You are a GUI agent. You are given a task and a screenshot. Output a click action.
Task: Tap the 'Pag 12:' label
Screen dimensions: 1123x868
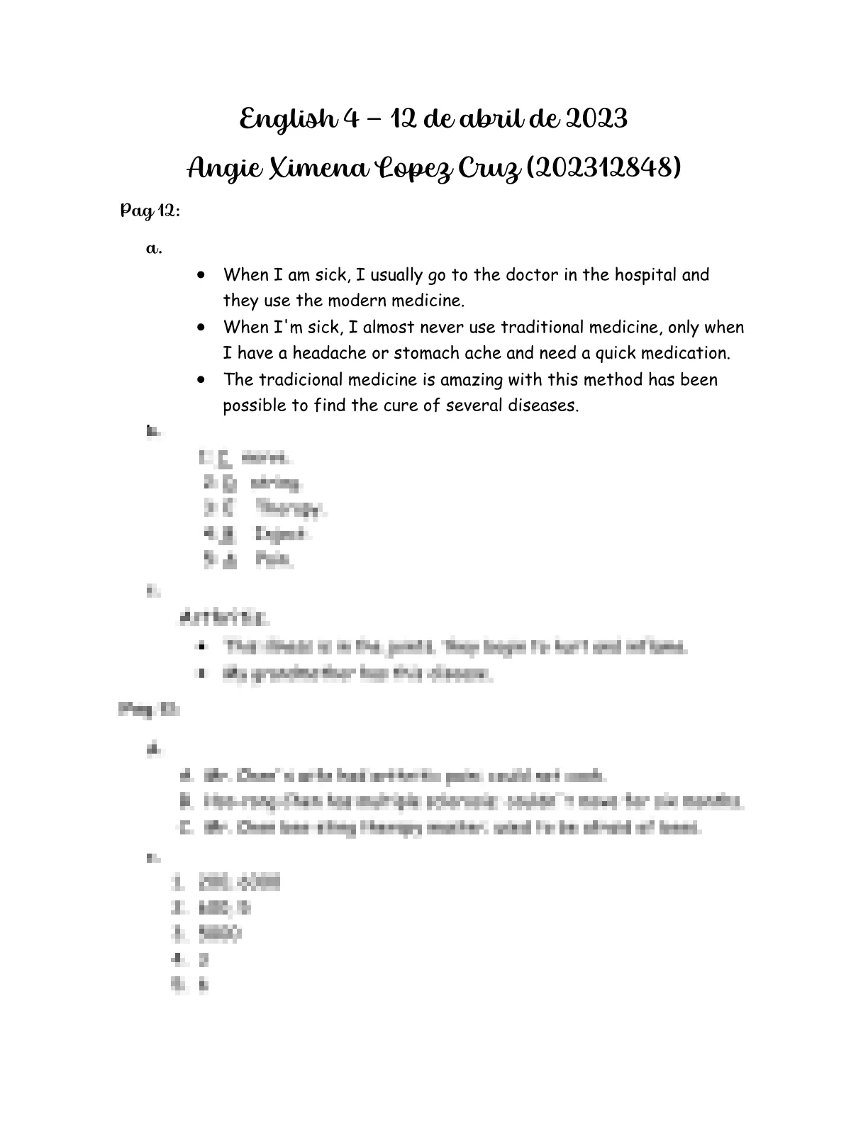150,211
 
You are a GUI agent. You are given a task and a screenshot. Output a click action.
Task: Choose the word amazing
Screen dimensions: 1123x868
472,379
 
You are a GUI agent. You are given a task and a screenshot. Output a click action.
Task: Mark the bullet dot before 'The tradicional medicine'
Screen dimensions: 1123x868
204,380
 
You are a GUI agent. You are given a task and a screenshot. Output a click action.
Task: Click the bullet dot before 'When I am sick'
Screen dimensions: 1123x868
204,275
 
